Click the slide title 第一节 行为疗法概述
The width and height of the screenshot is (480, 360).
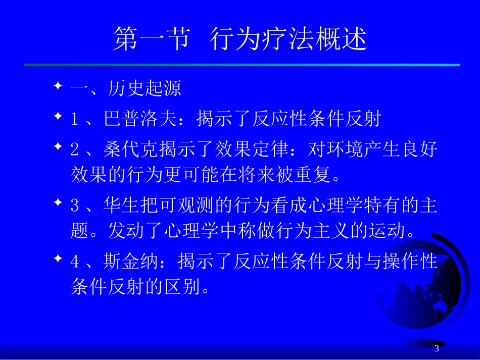point(239,39)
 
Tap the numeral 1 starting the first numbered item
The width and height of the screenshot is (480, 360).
point(75,120)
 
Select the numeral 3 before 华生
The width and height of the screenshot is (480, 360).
point(75,207)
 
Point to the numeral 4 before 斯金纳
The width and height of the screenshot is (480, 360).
point(75,262)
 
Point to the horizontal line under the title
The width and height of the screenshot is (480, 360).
point(242,65)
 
